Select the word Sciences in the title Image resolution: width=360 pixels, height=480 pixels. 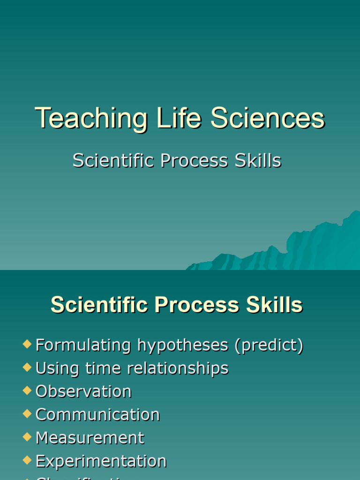pyautogui.click(x=267, y=118)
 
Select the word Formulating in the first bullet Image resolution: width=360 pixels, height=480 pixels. pyautogui.click(x=84, y=345)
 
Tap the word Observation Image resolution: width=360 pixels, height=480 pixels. pyautogui.click(x=83, y=391)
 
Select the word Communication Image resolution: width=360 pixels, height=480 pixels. pyautogui.click(x=97, y=414)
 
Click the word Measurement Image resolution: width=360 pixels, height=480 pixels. pyautogui.click(x=90, y=437)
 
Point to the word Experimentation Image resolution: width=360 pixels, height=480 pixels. pyautogui.click(x=101, y=461)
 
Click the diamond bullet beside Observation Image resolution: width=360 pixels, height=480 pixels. pyautogui.click(x=27, y=390)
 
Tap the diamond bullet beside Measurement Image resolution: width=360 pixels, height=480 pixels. pyautogui.click(x=27, y=436)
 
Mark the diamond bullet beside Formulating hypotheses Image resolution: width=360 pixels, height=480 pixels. pyautogui.click(x=27, y=345)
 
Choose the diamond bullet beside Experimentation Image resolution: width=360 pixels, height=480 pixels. pyautogui.click(x=27, y=460)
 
